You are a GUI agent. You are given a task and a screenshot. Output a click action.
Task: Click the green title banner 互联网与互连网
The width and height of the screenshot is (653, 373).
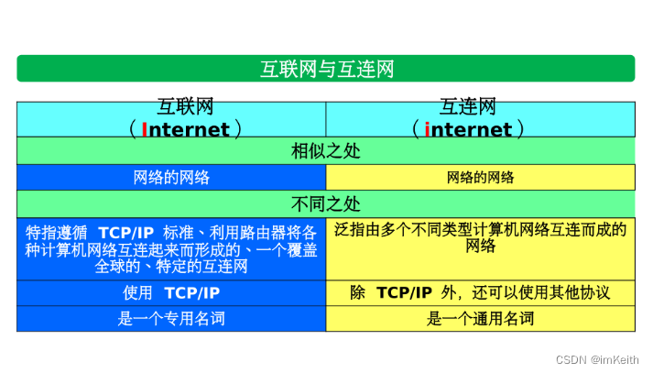[326, 69]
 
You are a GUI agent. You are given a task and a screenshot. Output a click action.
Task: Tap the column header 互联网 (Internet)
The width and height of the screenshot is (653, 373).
[172, 119]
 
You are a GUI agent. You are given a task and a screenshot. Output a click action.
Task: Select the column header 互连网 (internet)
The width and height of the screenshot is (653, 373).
[480, 119]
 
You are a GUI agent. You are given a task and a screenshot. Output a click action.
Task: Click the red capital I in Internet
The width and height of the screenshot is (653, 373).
[144, 129]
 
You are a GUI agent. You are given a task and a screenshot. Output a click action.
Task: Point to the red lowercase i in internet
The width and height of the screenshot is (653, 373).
[427, 129]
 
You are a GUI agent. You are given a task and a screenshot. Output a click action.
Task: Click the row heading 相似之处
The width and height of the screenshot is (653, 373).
[326, 151]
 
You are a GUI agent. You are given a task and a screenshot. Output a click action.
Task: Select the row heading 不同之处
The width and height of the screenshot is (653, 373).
[326, 204]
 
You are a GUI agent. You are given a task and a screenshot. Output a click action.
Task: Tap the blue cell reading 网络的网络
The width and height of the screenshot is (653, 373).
[172, 178]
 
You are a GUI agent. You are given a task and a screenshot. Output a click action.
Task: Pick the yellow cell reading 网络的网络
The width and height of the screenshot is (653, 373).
[480, 178]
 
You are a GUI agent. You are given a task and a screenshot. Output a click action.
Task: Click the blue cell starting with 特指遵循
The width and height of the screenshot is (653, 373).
[172, 248]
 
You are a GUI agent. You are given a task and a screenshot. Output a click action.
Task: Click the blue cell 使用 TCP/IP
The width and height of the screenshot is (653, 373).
[172, 293]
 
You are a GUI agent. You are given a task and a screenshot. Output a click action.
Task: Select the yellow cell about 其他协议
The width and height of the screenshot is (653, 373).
[480, 293]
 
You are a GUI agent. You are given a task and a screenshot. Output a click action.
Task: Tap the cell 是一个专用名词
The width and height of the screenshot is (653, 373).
[172, 319]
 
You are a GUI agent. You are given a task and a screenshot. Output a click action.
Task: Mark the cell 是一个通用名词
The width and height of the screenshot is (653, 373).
[480, 319]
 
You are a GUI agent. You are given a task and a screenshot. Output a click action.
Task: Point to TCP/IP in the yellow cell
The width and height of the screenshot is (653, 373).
[404, 293]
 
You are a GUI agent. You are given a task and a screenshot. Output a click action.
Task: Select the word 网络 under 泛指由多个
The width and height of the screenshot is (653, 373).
[480, 247]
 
